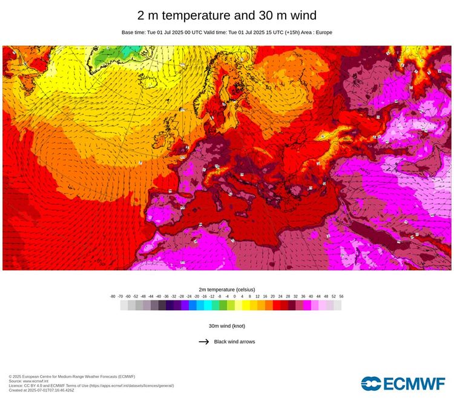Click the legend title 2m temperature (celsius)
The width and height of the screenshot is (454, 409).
(227, 290)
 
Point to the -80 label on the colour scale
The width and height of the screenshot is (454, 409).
(113, 297)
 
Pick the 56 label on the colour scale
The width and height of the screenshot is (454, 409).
(341, 297)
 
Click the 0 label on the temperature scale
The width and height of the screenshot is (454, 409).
(234, 297)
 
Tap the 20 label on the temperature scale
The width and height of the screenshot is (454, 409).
(272, 297)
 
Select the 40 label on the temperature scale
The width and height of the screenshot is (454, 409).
(311, 297)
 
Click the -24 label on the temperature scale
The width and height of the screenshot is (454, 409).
(189, 297)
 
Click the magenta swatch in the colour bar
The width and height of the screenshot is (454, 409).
(307, 306)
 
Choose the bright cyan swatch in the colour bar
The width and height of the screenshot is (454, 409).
(208, 306)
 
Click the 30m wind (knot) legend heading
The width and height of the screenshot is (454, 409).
(227, 326)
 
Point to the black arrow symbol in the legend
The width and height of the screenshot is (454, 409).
(204, 342)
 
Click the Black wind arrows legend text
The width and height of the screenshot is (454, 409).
(234, 342)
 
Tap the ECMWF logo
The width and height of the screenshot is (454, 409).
(403, 384)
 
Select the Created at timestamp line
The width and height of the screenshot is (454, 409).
(42, 390)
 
